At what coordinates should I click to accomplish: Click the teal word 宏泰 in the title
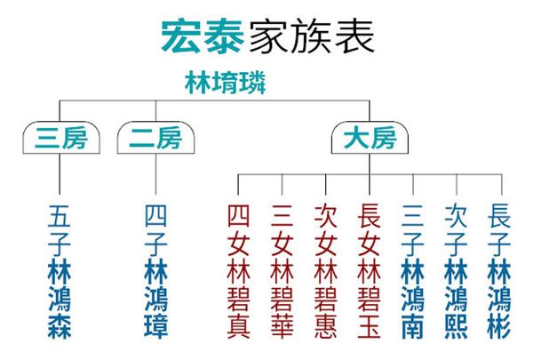pos(203,36)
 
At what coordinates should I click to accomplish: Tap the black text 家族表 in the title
pos(312,36)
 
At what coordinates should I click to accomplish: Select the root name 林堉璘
pos(226,83)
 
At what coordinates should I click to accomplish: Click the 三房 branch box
pos(61,138)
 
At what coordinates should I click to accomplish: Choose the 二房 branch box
pos(155,138)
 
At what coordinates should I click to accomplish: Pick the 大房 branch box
pos(370,138)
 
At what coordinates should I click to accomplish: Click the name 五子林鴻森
pos(60,271)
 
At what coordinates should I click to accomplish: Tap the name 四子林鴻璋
pos(156,271)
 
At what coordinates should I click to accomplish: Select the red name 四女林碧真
pos(238,271)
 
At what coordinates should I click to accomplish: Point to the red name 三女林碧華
pos(282,271)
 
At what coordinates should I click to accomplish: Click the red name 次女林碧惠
pos(326,271)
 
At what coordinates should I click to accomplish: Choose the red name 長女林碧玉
pos(370,271)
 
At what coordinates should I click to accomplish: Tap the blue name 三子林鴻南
pos(413,271)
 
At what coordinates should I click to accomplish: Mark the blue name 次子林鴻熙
pos(457,271)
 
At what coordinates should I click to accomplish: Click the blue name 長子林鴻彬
pos(499,271)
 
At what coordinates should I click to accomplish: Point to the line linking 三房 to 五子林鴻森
pos(60,174)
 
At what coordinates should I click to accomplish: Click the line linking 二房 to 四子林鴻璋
pos(155,174)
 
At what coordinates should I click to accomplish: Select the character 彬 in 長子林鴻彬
pos(499,327)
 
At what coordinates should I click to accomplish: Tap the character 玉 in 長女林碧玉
pos(370,327)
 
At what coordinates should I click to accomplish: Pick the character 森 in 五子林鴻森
pos(60,327)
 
